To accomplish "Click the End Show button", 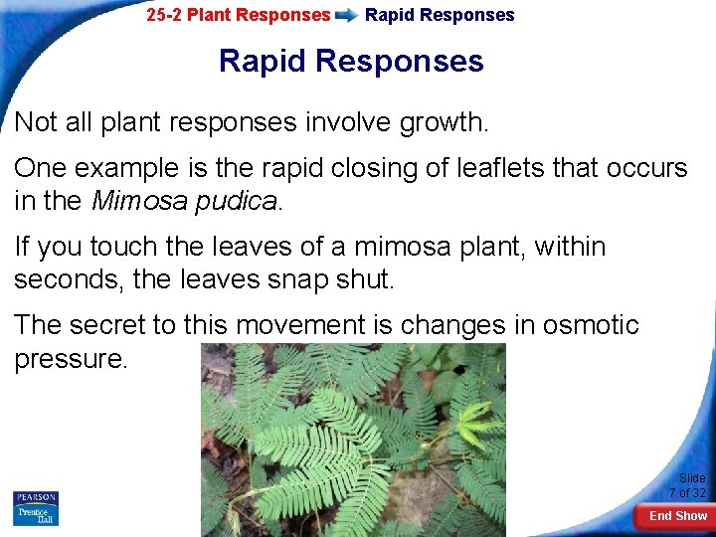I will tap(677, 515).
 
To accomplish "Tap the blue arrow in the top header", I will tap(347, 16).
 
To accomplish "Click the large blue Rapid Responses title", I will tap(351, 62).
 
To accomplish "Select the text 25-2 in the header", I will tap(164, 15).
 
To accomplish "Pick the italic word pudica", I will tap(237, 201).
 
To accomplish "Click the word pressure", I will tap(71, 359).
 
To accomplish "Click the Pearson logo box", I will tap(36, 497).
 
